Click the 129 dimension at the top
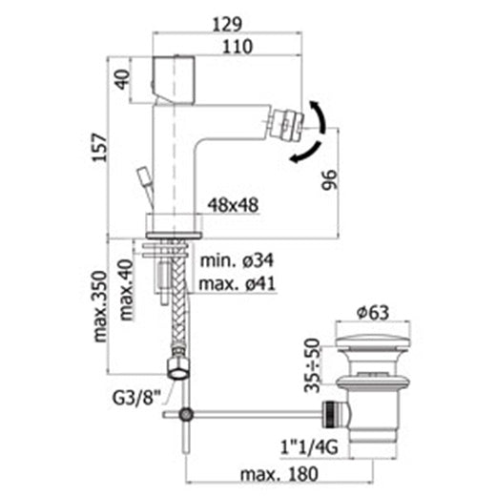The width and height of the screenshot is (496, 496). point(227,25)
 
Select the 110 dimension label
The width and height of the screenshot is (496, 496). point(238,47)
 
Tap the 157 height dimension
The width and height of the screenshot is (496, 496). point(99,148)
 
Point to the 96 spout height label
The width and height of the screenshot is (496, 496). point(329,180)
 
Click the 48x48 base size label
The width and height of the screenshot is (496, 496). point(233,205)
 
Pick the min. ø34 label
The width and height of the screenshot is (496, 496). point(237,260)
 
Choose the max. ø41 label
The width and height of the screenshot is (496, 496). point(237,283)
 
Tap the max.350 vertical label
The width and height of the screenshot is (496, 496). point(100,306)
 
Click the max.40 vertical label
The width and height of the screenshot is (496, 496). point(126,290)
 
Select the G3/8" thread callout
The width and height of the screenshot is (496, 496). point(136,399)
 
